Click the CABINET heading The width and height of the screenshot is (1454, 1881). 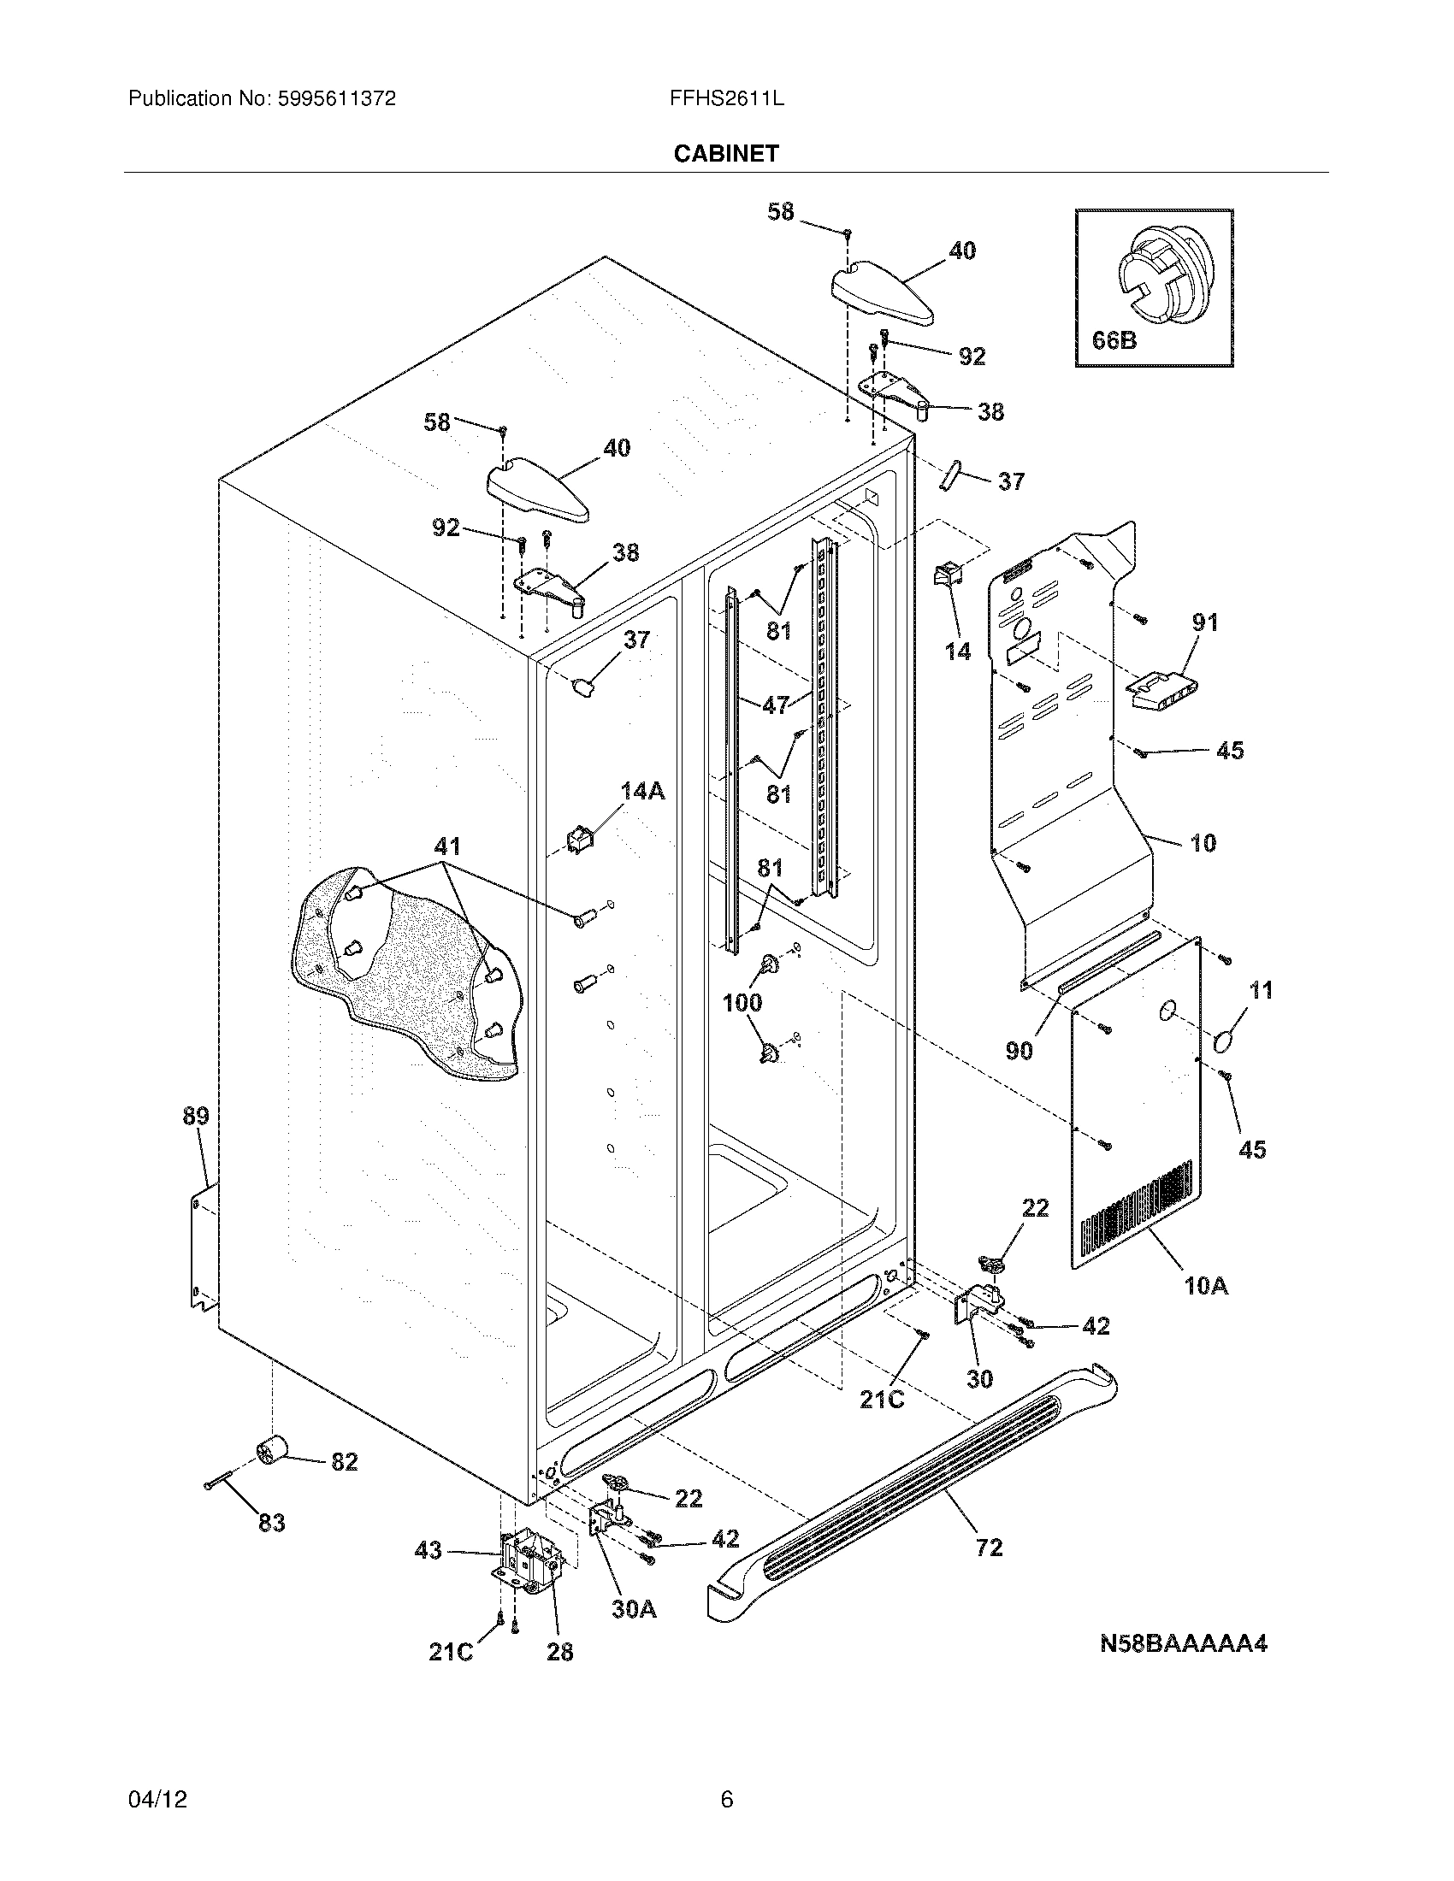point(726,153)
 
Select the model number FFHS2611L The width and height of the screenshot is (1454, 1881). point(726,98)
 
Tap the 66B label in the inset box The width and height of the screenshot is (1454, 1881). point(1114,340)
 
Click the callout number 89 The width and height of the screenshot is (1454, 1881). point(196,1116)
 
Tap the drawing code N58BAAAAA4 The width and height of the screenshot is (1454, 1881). point(1183,1643)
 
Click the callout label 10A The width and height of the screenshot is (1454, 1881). point(1205,1310)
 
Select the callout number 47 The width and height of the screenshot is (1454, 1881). point(775,705)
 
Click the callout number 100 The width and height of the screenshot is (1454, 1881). point(742,1002)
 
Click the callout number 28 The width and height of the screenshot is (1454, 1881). point(560,1651)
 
